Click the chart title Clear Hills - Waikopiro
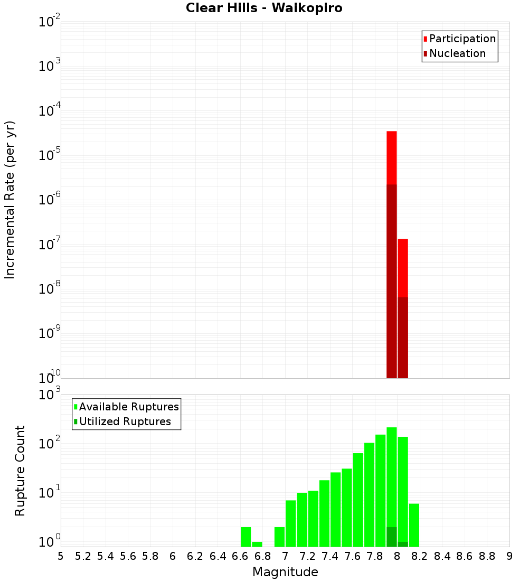tap(264, 8)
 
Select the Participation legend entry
tap(462, 39)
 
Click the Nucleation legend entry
tap(457, 53)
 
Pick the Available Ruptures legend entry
tap(128, 407)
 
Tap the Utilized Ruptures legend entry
tap(125, 421)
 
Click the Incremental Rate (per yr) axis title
tap(10, 200)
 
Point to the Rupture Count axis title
tap(20, 470)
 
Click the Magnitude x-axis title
tap(285, 572)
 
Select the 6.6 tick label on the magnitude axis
tap(240, 556)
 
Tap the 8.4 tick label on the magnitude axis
tap(442, 556)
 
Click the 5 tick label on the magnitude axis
tap(61, 556)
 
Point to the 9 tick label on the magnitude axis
tap(510, 556)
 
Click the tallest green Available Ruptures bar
tap(392, 475)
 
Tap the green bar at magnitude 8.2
tap(414, 525)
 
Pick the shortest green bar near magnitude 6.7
tap(257, 544)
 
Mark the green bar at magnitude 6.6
tap(246, 537)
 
